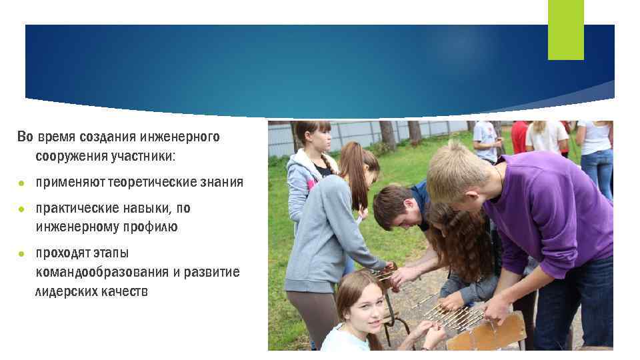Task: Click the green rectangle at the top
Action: coord(565,29)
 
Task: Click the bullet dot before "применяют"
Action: coord(21,183)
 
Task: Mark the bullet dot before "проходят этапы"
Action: coord(21,254)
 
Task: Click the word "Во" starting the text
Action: coord(25,137)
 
